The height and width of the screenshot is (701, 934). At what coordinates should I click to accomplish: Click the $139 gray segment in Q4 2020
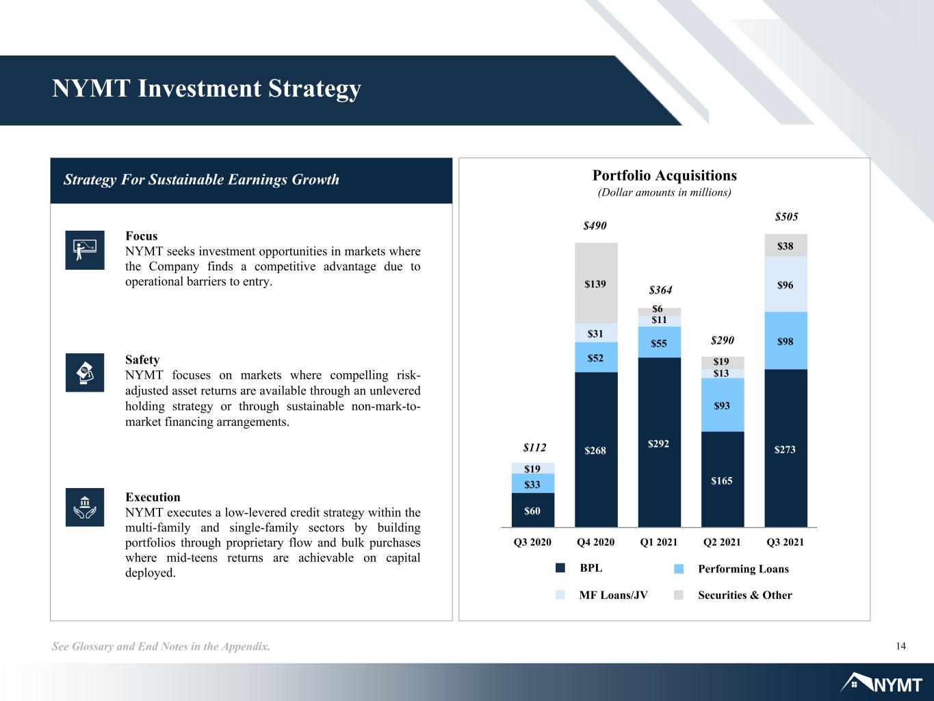(x=596, y=283)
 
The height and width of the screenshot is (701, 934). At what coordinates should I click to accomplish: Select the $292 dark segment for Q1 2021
(x=659, y=442)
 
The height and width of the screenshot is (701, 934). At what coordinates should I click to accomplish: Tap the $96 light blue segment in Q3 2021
(x=786, y=284)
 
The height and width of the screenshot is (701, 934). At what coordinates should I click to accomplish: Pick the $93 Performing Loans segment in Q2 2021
(x=723, y=405)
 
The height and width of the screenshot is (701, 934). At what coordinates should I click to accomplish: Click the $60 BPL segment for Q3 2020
(x=533, y=510)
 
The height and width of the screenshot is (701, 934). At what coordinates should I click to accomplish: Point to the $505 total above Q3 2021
(x=786, y=216)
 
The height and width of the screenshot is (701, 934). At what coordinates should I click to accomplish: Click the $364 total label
(x=660, y=290)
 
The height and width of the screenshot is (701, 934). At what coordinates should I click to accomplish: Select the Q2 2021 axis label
(x=722, y=541)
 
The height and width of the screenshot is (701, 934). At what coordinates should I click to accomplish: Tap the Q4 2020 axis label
(x=595, y=541)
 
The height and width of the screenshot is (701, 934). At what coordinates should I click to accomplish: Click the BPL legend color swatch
(x=560, y=568)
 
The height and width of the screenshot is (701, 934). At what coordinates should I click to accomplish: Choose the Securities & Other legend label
(x=744, y=595)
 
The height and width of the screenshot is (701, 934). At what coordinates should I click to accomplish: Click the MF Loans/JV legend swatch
(x=560, y=595)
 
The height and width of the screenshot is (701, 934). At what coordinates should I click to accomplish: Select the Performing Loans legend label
(x=743, y=569)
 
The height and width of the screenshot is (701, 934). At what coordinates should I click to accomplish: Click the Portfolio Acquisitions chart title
(x=664, y=175)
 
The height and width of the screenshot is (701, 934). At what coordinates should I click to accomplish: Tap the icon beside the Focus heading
(x=85, y=250)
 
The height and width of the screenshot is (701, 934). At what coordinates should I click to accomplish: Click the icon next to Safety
(x=85, y=372)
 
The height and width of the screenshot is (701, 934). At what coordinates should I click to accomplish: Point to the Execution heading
(x=153, y=497)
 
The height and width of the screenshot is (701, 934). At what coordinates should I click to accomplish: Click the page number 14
(x=900, y=646)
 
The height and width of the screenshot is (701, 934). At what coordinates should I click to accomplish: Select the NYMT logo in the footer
(x=881, y=683)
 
